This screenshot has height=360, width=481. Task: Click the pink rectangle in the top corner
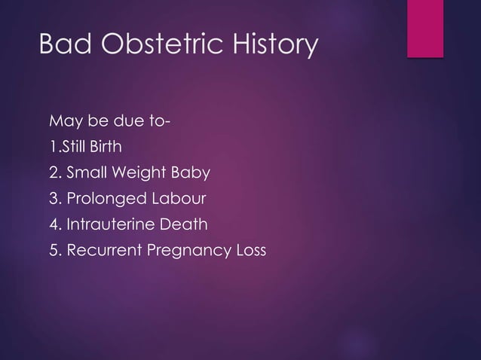click(x=424, y=27)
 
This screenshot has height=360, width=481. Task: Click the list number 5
click(x=53, y=250)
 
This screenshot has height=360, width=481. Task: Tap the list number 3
click(x=53, y=199)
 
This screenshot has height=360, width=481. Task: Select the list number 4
click(x=53, y=224)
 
